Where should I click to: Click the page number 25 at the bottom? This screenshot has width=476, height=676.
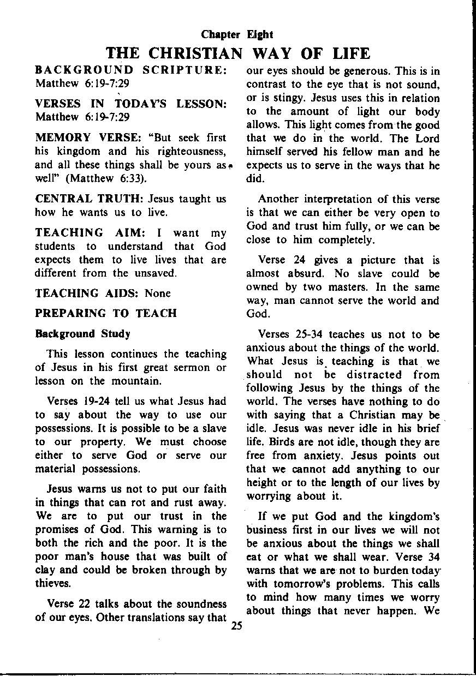click(x=236, y=626)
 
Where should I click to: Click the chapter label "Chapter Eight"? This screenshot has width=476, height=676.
click(x=237, y=35)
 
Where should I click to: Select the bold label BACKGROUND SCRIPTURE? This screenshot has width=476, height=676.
click(x=131, y=70)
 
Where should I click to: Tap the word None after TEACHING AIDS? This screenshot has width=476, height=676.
click(x=158, y=293)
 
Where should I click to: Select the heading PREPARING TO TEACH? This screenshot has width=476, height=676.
click(x=106, y=313)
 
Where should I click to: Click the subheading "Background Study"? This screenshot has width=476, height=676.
click(x=82, y=333)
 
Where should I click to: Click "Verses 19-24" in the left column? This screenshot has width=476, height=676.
click(x=74, y=402)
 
